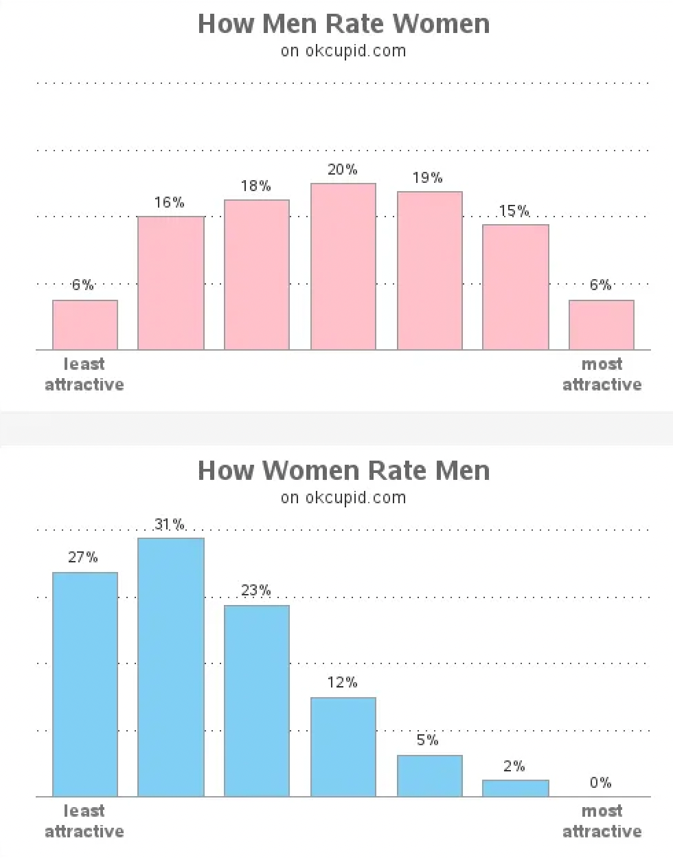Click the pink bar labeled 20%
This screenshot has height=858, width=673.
click(x=343, y=267)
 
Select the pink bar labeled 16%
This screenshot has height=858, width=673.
click(x=171, y=283)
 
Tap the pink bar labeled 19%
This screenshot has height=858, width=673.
click(x=430, y=271)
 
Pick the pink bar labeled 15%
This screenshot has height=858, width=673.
click(x=516, y=287)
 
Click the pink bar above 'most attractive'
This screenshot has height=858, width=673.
click(x=602, y=325)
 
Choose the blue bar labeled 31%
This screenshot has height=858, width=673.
click(x=171, y=667)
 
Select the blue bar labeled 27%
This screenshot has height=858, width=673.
click(x=85, y=684)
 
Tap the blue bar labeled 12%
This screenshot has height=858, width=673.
click(x=343, y=747)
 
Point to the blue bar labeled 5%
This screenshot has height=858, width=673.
click(x=430, y=775)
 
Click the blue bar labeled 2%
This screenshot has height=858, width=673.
click(x=516, y=788)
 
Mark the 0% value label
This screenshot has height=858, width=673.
click(x=600, y=782)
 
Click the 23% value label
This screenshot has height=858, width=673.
click(x=256, y=591)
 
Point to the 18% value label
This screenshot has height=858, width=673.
click(x=256, y=186)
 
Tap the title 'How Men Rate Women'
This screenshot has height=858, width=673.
click(x=343, y=24)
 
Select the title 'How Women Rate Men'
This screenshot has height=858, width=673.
click(x=343, y=471)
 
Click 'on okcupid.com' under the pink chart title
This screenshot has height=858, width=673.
click(x=343, y=51)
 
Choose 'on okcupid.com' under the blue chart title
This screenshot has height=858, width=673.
click(x=343, y=498)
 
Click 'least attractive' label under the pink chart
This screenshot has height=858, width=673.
click(x=84, y=374)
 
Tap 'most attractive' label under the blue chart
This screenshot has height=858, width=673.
click(x=602, y=821)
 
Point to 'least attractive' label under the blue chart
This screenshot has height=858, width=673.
click(x=84, y=821)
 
